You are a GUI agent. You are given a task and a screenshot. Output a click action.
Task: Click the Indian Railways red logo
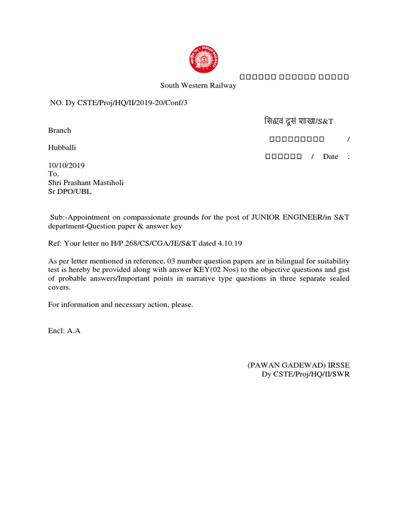click(x=203, y=59)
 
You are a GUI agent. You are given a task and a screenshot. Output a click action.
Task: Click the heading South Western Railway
click(x=198, y=86)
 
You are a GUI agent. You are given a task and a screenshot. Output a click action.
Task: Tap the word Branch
click(x=60, y=130)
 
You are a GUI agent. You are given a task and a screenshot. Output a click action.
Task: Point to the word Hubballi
click(x=62, y=148)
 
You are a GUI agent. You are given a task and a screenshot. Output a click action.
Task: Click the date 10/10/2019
click(x=66, y=165)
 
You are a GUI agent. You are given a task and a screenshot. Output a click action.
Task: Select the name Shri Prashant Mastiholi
click(x=86, y=183)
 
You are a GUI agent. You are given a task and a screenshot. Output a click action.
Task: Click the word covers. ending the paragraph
click(x=60, y=287)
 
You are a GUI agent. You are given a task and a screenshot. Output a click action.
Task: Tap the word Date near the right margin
click(x=330, y=157)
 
